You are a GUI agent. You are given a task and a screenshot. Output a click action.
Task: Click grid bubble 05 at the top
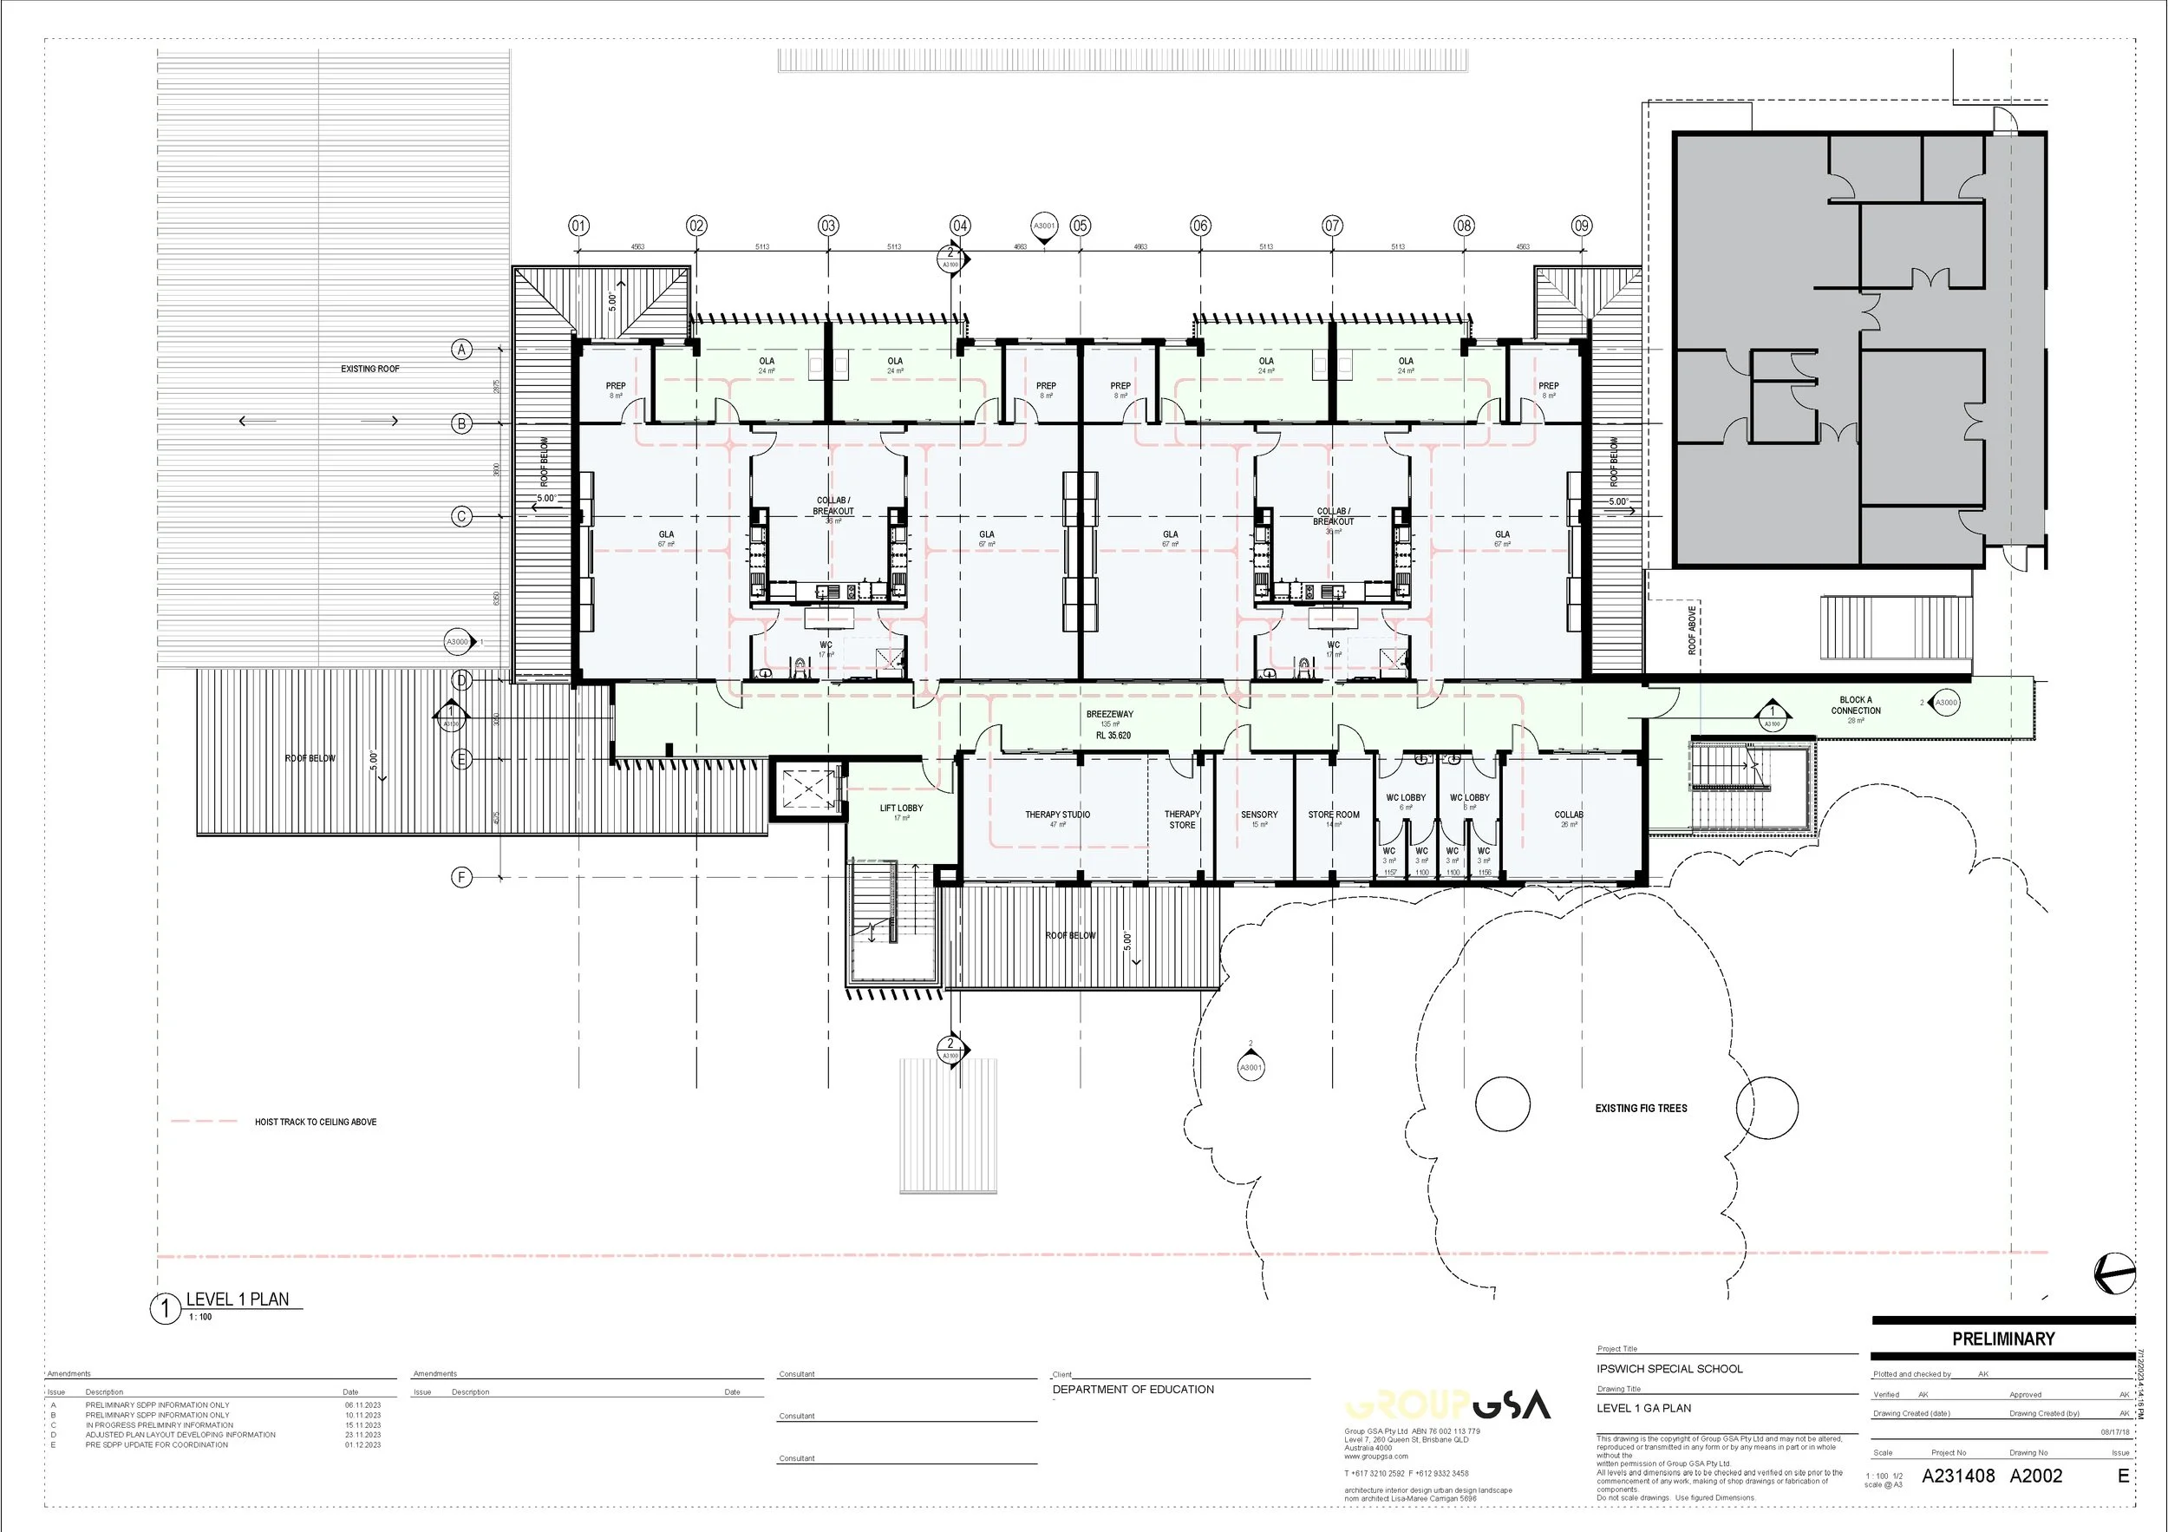pyautogui.click(x=1081, y=226)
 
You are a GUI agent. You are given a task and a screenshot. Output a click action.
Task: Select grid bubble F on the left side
pyautogui.click(x=461, y=877)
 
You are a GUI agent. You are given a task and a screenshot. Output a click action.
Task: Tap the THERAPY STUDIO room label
pyautogui.click(x=1058, y=815)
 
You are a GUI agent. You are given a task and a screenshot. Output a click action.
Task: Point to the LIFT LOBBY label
pyautogui.click(x=901, y=809)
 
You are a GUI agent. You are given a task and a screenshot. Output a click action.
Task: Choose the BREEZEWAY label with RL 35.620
pyautogui.click(x=1110, y=724)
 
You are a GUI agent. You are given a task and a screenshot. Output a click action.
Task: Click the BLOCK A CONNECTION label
pyautogui.click(x=1856, y=706)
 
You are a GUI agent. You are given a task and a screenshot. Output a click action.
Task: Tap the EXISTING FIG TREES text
pyautogui.click(x=1641, y=1109)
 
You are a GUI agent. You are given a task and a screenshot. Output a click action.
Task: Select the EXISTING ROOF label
pyautogui.click(x=370, y=370)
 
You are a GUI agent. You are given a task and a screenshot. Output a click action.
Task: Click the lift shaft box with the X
pyautogui.click(x=808, y=788)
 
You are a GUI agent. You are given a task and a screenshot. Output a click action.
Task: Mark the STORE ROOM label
pyautogui.click(x=1333, y=815)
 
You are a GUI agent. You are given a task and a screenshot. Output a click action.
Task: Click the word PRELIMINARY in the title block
pyautogui.click(x=2002, y=1339)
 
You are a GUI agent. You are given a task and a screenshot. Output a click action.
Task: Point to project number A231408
pyautogui.click(x=1957, y=1476)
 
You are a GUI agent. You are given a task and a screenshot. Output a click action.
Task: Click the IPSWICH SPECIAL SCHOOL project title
pyautogui.click(x=1669, y=1369)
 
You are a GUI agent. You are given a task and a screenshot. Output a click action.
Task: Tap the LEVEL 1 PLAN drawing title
pyautogui.click(x=237, y=1300)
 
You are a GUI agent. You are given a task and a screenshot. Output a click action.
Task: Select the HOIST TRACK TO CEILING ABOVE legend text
pyautogui.click(x=316, y=1122)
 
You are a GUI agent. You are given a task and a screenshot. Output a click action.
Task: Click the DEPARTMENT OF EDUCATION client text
pyautogui.click(x=1133, y=1390)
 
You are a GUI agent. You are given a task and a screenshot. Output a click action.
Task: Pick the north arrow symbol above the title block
pyautogui.click(x=2113, y=1273)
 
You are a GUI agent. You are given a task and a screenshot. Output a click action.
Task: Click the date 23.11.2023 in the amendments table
pyautogui.click(x=362, y=1435)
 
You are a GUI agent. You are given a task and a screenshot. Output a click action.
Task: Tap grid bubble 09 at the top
pyautogui.click(x=1582, y=226)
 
